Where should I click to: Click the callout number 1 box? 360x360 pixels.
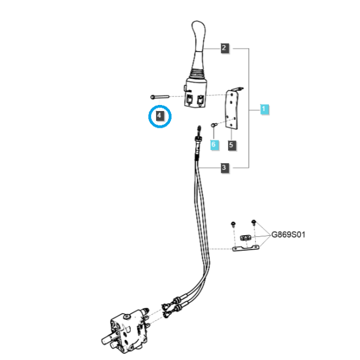(264, 109)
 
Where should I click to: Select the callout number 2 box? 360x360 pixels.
(224, 48)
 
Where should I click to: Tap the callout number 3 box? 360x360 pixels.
(224, 167)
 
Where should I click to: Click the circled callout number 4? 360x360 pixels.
(160, 115)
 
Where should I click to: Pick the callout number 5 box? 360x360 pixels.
(232, 145)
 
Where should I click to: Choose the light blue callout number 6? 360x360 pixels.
(214, 145)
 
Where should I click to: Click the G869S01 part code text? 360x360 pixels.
(289, 235)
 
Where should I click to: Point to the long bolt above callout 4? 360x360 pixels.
(160, 97)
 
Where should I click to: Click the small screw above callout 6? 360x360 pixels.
(214, 125)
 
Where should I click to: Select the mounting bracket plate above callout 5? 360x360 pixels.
(232, 109)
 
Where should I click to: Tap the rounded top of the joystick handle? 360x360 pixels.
(199, 26)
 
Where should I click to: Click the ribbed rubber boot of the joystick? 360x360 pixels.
(197, 73)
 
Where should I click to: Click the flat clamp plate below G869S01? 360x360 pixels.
(245, 248)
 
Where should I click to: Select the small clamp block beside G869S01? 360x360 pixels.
(245, 238)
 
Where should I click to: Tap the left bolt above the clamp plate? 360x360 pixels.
(233, 224)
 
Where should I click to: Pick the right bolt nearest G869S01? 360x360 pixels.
(254, 222)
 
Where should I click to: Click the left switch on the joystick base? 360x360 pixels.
(190, 100)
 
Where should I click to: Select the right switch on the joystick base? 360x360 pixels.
(200, 100)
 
